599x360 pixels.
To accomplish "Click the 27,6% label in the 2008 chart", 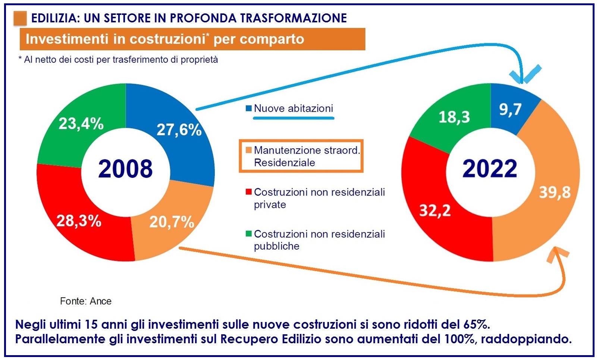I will [x=179, y=130].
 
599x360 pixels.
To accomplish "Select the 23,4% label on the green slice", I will [x=81, y=123].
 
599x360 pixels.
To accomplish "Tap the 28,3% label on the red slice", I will [x=79, y=221].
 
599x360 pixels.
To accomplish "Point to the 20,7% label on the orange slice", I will [x=172, y=222].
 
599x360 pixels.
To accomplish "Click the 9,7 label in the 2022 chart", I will [x=510, y=110].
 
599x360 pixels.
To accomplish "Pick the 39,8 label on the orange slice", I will [x=555, y=192].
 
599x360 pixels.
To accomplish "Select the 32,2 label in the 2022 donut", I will [x=435, y=211].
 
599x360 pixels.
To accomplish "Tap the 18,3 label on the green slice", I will [x=454, y=117].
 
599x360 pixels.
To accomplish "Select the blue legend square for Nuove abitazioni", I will [x=249, y=109].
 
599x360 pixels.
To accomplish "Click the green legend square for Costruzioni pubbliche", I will [x=249, y=234].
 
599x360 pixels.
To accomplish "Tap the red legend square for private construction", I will [x=249, y=192].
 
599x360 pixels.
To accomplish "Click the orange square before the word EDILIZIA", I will [x=20, y=18].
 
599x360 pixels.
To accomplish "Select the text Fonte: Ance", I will [x=86, y=301].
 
